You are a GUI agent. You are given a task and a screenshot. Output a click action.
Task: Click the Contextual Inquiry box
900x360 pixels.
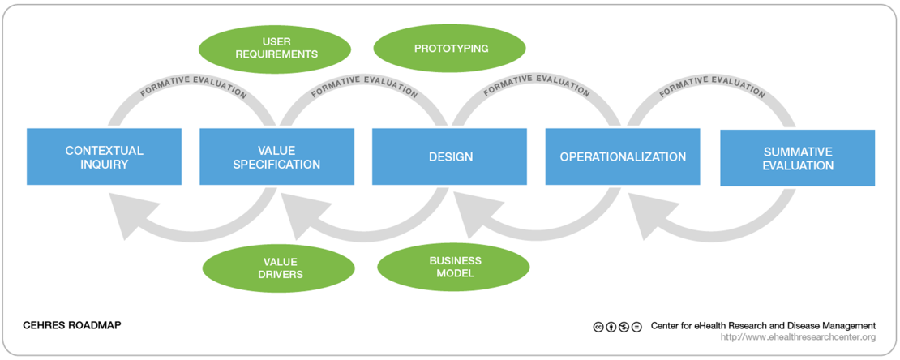104,156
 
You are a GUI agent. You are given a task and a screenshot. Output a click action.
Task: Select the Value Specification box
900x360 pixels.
276,156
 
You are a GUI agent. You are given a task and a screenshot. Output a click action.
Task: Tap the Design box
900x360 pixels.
449,156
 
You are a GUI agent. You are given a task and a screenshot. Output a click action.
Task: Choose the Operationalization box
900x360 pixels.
623,156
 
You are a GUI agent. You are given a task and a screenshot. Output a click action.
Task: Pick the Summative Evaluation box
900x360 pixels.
797,158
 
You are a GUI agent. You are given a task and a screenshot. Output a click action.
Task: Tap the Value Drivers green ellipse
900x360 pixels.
279,268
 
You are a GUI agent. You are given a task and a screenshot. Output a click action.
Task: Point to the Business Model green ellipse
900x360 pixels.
453,267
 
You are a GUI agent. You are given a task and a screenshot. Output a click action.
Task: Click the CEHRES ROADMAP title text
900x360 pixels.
72,325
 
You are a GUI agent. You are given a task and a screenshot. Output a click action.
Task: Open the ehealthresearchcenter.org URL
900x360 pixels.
799,337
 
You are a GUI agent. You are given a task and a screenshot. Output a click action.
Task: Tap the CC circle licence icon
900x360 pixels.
598,327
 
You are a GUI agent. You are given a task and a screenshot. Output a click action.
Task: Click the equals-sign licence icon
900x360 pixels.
636,327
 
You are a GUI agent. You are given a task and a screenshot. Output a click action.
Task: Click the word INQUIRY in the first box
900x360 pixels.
104,165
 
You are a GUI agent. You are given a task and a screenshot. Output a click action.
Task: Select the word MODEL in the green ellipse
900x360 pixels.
453,273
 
